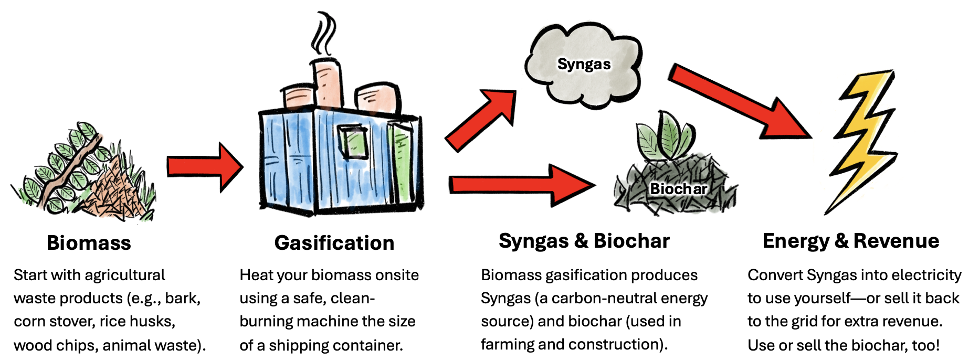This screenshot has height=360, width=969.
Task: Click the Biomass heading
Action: tap(89, 243)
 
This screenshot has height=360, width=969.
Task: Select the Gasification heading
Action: tap(334, 243)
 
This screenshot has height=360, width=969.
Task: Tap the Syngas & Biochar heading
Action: tap(584, 241)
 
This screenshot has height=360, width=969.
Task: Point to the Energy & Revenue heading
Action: tap(850, 241)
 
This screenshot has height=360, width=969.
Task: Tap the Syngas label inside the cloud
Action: tap(584, 64)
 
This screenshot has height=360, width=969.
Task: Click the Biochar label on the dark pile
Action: tap(678, 188)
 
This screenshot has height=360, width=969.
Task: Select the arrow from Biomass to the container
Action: tap(205, 167)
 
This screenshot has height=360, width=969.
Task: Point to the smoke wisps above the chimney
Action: tap(323, 34)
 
